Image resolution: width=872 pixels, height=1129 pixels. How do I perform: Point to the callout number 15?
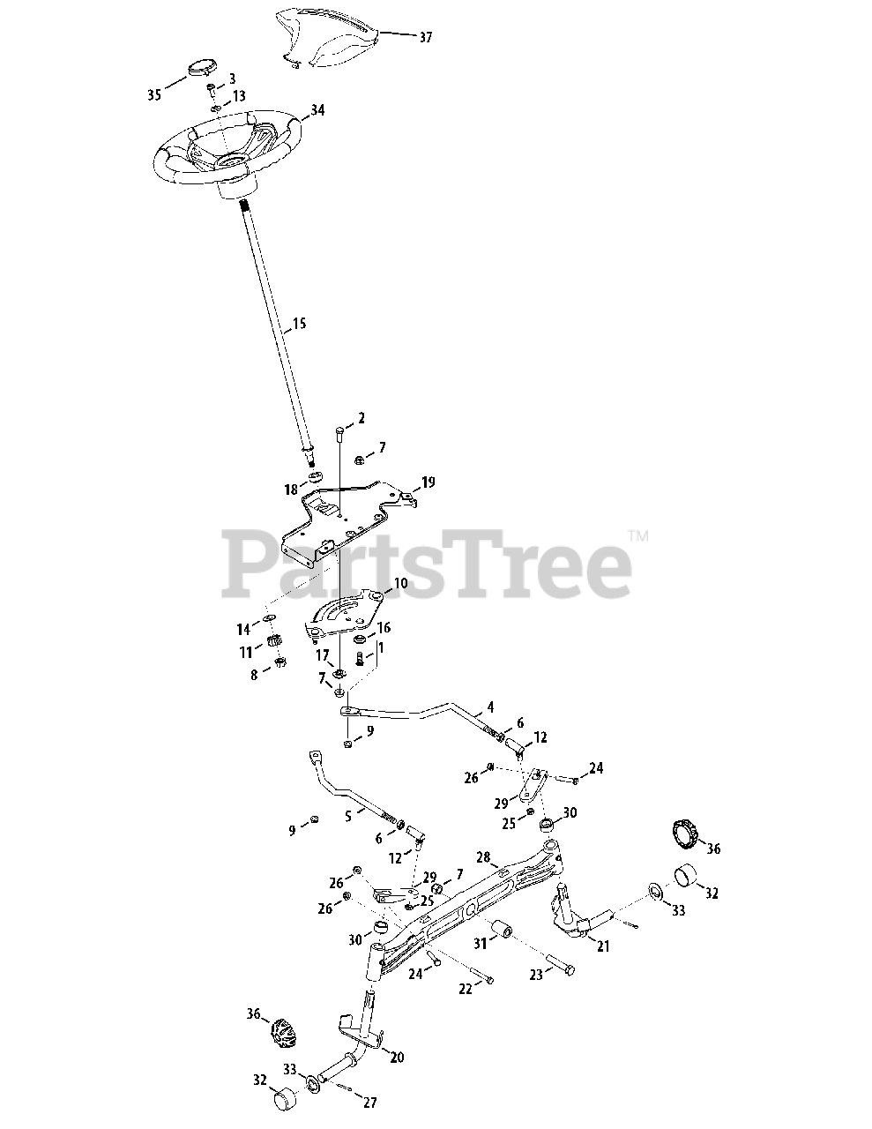click(x=299, y=325)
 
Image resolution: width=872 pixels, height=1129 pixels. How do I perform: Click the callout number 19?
click(x=428, y=482)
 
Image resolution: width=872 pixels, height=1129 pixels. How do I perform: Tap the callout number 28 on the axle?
click(x=482, y=856)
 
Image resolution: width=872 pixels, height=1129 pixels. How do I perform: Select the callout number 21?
click(x=603, y=946)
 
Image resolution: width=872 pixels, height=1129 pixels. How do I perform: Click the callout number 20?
click(x=397, y=1057)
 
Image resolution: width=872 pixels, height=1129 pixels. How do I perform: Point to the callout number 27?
click(x=369, y=1103)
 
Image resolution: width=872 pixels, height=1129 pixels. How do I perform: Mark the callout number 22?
click(x=466, y=990)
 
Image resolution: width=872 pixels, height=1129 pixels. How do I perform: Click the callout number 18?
click(x=291, y=490)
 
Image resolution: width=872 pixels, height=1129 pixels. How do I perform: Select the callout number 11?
click(x=245, y=652)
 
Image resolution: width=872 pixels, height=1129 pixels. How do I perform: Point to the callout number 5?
click(x=348, y=817)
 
